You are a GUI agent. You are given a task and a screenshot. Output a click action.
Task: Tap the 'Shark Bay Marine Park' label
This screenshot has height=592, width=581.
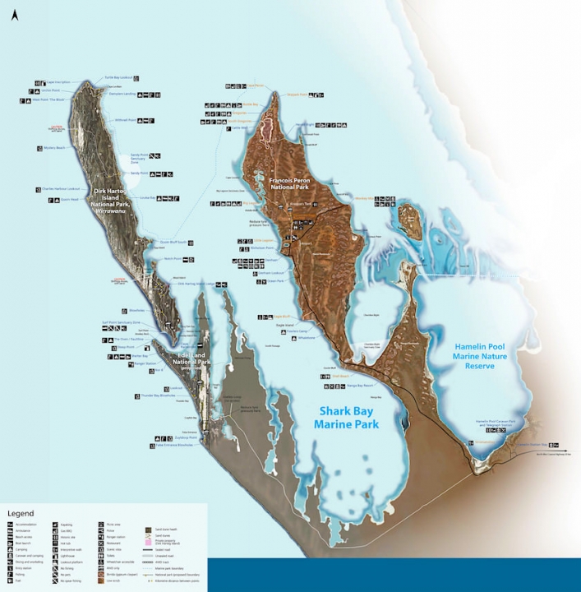tap(346, 418)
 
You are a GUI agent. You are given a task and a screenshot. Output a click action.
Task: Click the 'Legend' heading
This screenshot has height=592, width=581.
tap(21, 514)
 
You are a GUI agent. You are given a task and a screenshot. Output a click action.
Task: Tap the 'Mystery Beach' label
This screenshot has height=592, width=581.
tap(54, 148)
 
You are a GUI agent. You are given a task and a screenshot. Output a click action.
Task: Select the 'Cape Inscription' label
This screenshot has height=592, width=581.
tap(58, 82)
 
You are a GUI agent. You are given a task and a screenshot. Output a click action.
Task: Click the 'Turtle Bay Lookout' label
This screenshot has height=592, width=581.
tap(118, 77)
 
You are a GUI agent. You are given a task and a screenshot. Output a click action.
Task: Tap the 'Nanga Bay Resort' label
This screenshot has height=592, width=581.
tap(361, 384)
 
